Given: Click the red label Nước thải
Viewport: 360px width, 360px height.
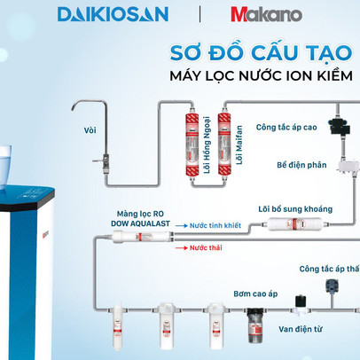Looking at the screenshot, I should point(206,248).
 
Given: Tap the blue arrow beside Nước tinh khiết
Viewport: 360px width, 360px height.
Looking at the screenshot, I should point(182,227).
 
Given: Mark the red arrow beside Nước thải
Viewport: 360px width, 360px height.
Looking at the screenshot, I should point(182,248).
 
